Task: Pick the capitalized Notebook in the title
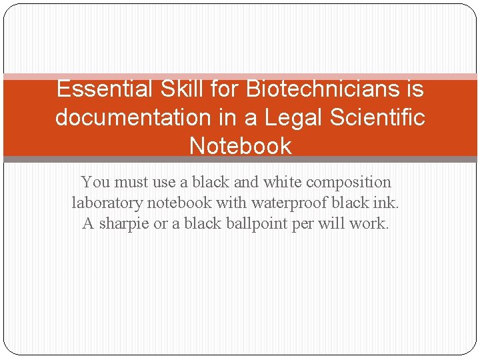pos(240,146)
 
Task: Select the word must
pos(132,182)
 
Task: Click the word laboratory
pos(107,203)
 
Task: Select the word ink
pos(387,203)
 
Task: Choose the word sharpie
pos(124,224)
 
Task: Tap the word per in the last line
pos(303,224)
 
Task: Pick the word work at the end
pos(369,224)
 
